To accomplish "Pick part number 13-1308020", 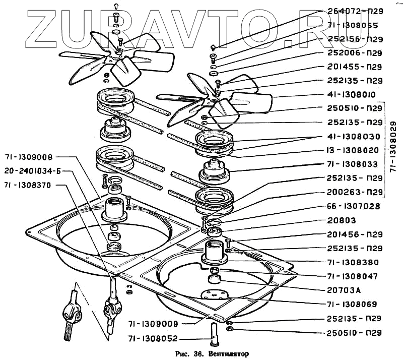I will click(347, 150).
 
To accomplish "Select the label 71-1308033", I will click(347, 164).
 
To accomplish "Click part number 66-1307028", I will click(347, 206).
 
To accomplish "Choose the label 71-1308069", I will click(347, 304).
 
